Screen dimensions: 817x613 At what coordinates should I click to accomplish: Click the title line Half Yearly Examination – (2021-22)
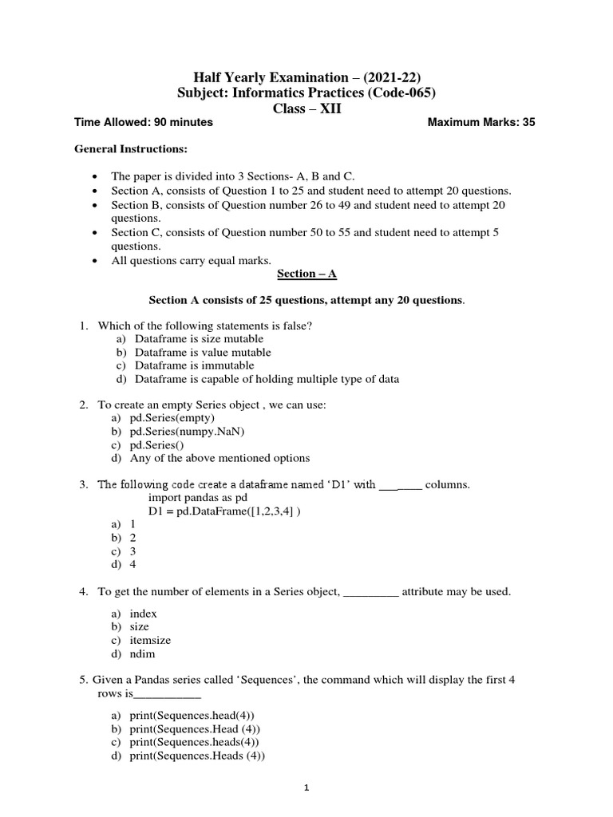coord(306,77)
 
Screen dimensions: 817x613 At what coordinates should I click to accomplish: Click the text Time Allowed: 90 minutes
coord(144,122)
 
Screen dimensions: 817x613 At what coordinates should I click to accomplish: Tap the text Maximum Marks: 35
coord(481,122)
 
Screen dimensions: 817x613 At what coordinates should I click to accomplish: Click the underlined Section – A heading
coord(306,274)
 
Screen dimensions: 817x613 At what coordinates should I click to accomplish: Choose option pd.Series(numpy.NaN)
coord(187,432)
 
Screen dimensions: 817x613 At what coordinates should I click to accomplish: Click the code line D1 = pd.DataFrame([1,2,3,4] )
coord(224,511)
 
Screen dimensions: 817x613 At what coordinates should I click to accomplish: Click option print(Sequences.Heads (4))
coord(196,756)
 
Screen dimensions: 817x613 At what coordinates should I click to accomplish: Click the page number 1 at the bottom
coord(306,789)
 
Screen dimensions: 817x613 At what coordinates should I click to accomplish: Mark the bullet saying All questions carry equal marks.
coord(191,259)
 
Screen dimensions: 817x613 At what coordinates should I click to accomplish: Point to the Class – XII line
coord(306,109)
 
